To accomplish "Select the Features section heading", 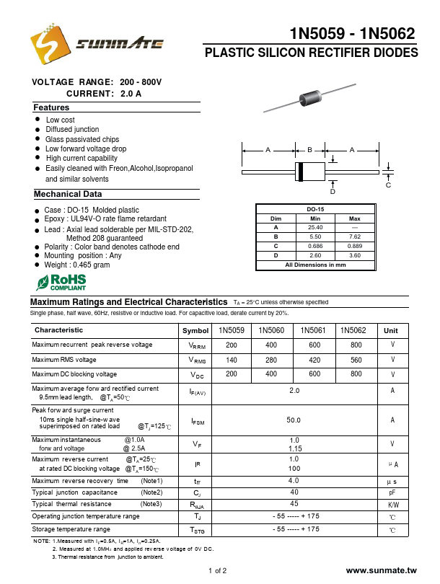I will pyautogui.click(x=52, y=107).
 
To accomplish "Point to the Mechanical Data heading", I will pyautogui.click(x=68, y=194).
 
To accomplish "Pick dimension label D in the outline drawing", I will pyautogui.click(x=333, y=192).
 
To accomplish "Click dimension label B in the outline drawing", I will pyautogui.click(x=309, y=150).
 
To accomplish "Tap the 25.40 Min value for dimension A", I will pyautogui.click(x=315, y=227).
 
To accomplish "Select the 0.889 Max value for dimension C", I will pyautogui.click(x=355, y=246).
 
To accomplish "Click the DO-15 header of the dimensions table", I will pyautogui.click(x=315, y=209).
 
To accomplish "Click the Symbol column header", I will pyautogui.click(x=195, y=330).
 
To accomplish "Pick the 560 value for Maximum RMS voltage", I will pyautogui.click(x=356, y=360).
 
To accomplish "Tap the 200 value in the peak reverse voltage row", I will pyautogui.click(x=232, y=345).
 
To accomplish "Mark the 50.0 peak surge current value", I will pyautogui.click(x=294, y=420).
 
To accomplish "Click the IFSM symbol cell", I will pyautogui.click(x=196, y=420).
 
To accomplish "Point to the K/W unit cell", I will pyautogui.click(x=392, y=505).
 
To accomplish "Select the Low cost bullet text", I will pyautogui.click(x=61, y=120).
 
